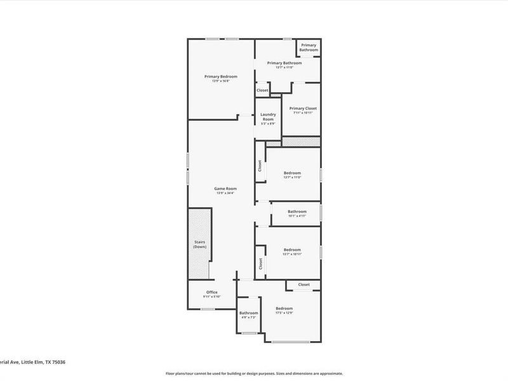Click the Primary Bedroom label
pos(220,76)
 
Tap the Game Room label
pos(225,189)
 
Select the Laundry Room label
pos(268,117)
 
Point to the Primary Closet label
pos(303,109)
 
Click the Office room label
pos(211,292)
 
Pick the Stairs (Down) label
pos(199,244)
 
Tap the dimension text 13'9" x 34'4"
pos(225,193)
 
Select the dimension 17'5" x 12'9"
pos(284,313)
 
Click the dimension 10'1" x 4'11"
pos(297,216)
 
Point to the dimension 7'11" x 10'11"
pos(303,113)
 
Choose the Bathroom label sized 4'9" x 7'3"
pos(248,312)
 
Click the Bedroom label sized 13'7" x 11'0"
pos(292,173)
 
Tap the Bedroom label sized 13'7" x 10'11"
pos(292,250)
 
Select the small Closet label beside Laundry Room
pos(262,91)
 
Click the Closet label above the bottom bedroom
pos(304,284)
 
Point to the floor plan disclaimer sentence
pos(254,373)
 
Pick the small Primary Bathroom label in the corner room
pos(309,48)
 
